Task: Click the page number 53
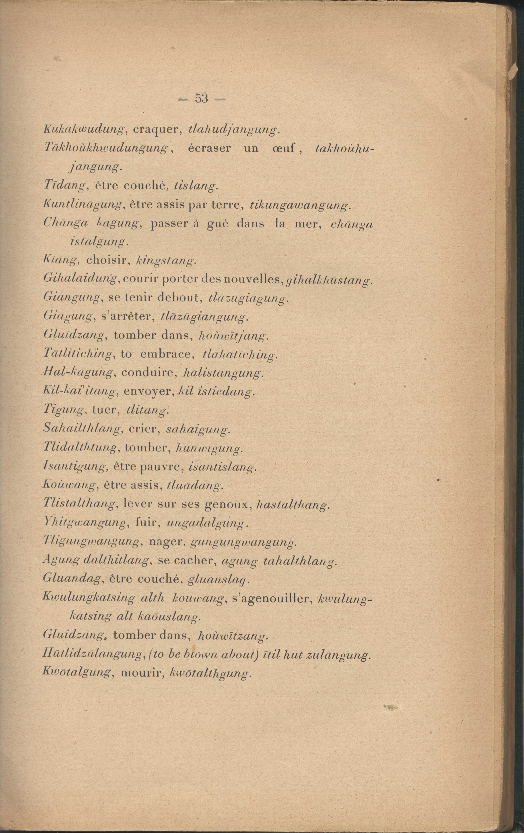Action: pos(201,99)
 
